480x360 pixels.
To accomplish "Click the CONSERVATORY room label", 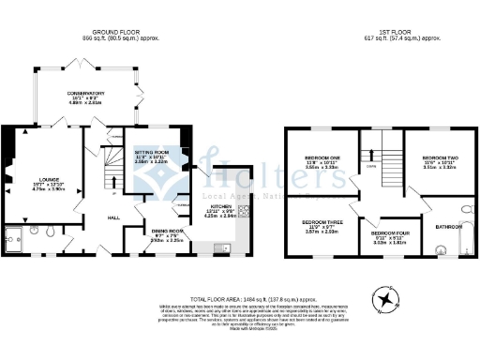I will [x=84, y=94].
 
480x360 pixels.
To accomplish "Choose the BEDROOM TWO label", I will [x=439, y=157].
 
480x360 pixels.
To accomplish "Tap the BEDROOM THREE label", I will [x=322, y=222].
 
